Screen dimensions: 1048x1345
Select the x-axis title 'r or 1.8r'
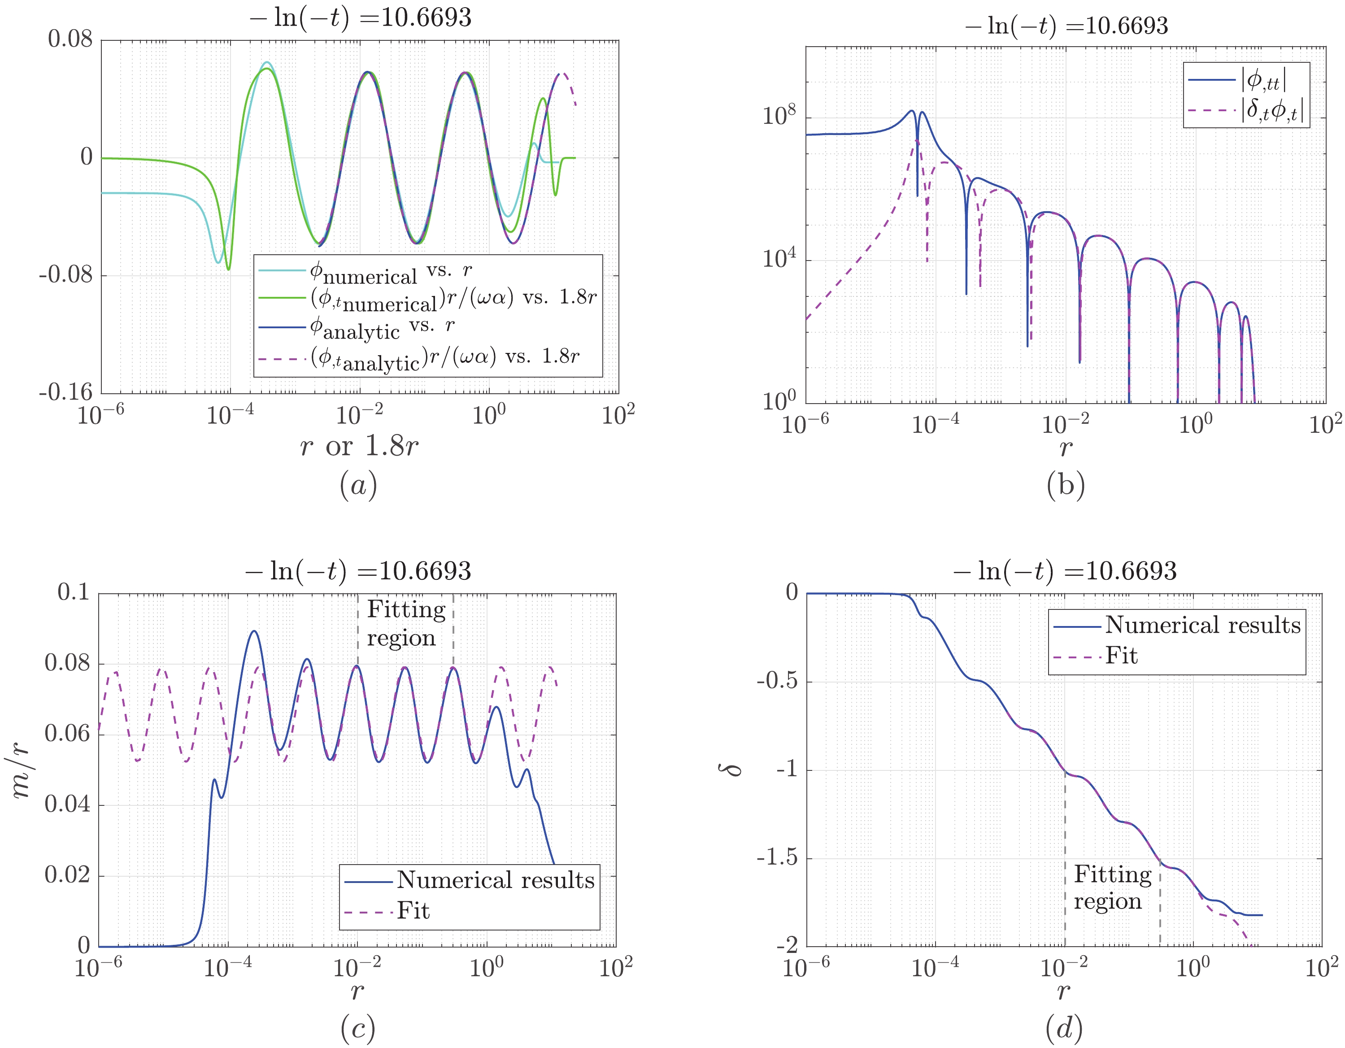359,446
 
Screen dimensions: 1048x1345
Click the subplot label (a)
358,486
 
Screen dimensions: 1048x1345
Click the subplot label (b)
1066,486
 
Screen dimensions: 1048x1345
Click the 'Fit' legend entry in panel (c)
413,911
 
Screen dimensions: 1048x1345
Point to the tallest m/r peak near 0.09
254,632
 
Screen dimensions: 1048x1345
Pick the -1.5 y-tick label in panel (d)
777,858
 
